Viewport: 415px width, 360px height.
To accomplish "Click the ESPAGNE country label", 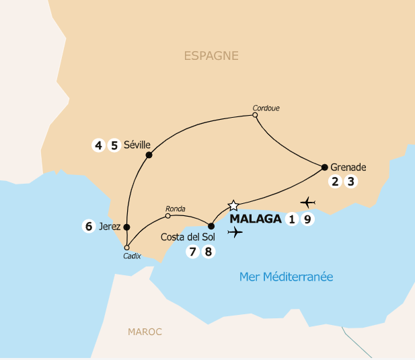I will pos(211,56).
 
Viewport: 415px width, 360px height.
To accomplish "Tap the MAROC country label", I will pos(145,332).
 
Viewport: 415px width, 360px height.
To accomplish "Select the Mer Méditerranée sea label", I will pos(287,277).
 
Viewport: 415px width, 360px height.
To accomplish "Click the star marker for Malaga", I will pos(233,205).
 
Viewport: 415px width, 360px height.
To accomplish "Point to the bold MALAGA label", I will pos(255,219).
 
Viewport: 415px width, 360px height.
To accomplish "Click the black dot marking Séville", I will pos(149,155).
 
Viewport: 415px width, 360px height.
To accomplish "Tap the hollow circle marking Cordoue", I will pos(255,116).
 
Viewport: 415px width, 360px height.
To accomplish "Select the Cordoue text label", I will pos(266,107).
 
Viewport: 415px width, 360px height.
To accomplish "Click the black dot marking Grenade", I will pos(324,167).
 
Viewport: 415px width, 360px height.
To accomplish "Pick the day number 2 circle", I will pos(334,181).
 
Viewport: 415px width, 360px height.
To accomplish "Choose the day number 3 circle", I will pos(349,181).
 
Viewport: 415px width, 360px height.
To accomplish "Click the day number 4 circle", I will pos(99,145).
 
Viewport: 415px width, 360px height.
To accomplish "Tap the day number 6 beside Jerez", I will pos(89,227).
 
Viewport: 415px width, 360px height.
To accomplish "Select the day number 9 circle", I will pos(307,219).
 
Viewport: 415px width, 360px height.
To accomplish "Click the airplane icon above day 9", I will pos(309,202).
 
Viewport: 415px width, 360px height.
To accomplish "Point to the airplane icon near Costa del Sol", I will pos(235,233).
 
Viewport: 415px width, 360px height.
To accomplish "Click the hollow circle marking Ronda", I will pos(168,216).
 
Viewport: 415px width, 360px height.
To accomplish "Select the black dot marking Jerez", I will pos(126,227).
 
